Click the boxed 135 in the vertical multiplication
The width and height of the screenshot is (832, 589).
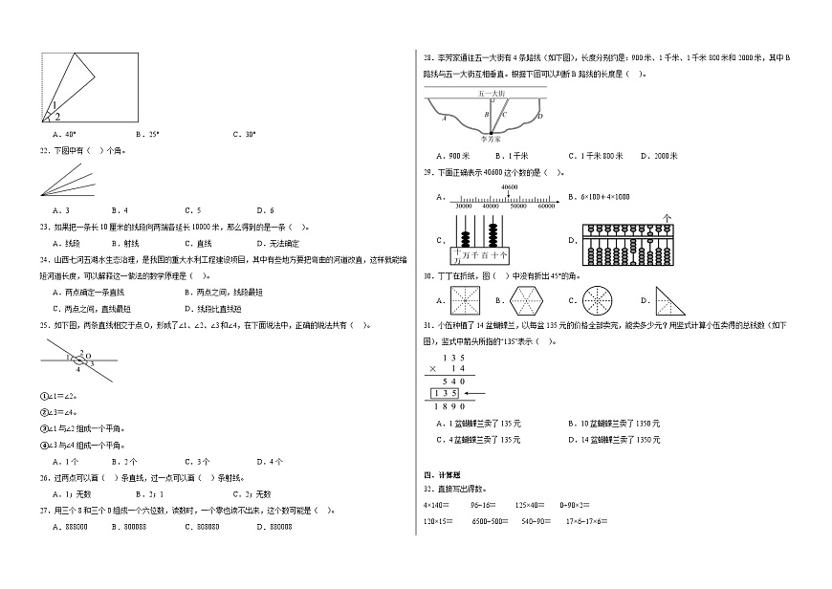click(444, 393)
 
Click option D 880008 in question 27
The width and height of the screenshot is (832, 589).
click(275, 526)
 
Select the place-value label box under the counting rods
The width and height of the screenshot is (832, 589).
click(481, 255)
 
